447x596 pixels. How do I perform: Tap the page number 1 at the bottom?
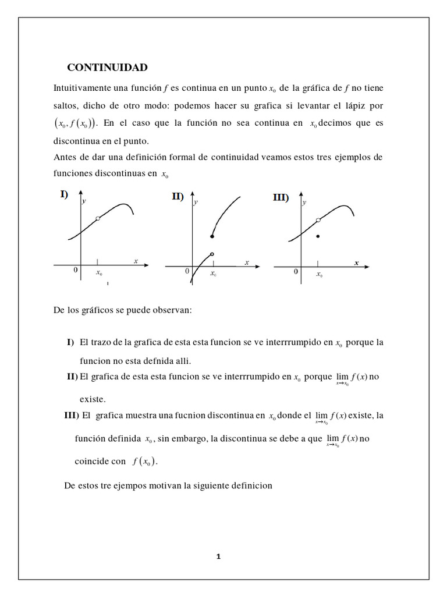coord(218,556)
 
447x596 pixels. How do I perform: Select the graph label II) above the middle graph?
coord(178,197)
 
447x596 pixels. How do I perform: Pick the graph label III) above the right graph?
coord(281,198)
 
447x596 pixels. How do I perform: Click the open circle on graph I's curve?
coord(98,218)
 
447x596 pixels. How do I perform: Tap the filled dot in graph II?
coord(212,237)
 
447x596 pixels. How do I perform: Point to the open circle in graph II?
coord(212,254)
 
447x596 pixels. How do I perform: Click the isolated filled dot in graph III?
coord(318,236)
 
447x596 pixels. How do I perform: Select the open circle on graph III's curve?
coord(318,219)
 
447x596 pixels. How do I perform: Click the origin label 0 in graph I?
coord(76,271)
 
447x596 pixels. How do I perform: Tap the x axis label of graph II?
coord(247,263)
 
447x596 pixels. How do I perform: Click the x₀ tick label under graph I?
coord(98,272)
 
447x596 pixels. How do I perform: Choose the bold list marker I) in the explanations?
coord(70,342)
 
